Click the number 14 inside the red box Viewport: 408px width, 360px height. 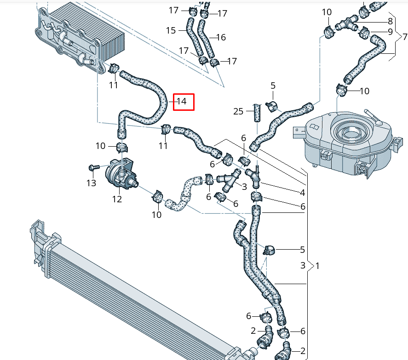183,102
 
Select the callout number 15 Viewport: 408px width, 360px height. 171,30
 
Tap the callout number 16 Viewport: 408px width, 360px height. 220,37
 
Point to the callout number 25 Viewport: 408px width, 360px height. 238,111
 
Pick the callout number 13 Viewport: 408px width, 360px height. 91,183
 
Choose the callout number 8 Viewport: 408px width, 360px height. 390,21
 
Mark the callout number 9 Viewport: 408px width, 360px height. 390,32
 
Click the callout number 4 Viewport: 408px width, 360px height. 303,193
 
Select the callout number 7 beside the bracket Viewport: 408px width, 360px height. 405,36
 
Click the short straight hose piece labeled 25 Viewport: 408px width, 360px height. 257,113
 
